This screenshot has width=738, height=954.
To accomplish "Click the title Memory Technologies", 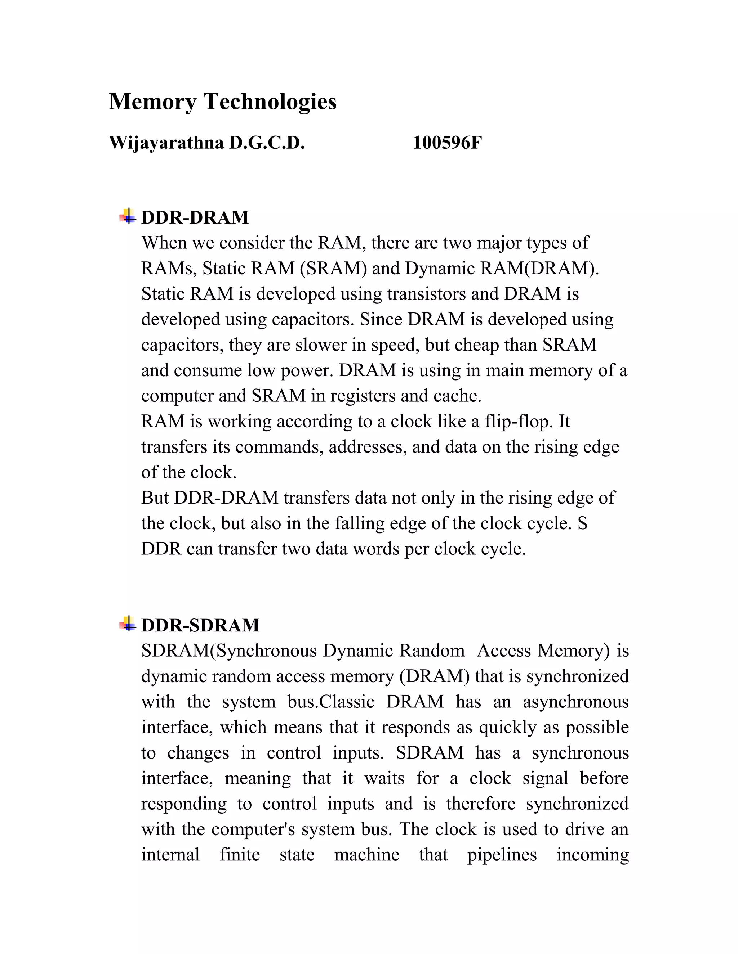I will (x=223, y=102).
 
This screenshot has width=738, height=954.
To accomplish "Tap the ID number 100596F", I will (x=447, y=143).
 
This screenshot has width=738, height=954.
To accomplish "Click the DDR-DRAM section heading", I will (x=195, y=217).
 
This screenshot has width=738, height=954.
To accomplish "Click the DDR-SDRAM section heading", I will (x=200, y=625).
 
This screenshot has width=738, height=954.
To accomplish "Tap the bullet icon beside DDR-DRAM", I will (x=128, y=216).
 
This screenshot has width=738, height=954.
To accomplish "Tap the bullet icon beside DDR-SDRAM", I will (x=128, y=624).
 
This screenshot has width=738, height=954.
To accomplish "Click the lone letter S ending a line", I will (x=582, y=523).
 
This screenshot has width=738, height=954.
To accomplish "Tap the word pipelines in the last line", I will (x=502, y=855).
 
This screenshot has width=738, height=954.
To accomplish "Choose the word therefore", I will (x=480, y=804).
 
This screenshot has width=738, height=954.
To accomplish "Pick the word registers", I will (x=363, y=396).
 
